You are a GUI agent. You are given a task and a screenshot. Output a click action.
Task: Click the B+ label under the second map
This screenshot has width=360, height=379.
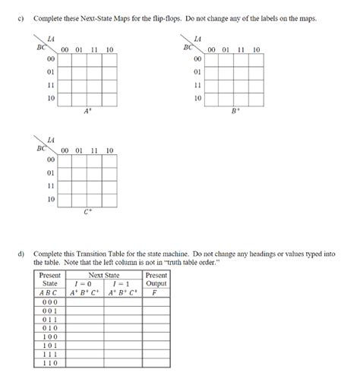[x=235, y=112]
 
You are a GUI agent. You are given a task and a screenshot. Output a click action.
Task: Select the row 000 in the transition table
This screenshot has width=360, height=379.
[x=49, y=302]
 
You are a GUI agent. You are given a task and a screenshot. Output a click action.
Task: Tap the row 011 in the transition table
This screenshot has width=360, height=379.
[x=49, y=320]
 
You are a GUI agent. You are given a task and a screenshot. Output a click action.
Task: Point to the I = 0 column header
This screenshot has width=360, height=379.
[x=86, y=283]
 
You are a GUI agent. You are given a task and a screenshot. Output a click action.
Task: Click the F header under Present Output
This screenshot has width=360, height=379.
[x=156, y=292]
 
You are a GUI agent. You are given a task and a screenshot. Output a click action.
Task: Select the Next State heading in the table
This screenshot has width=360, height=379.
[x=105, y=274]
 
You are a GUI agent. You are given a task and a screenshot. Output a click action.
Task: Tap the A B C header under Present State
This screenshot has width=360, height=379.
[x=49, y=292]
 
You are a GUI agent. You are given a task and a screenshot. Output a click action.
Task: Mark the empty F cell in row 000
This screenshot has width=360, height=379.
[x=156, y=302]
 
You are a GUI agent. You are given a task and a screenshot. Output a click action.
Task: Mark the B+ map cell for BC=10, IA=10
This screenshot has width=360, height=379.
[x=256, y=99]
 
